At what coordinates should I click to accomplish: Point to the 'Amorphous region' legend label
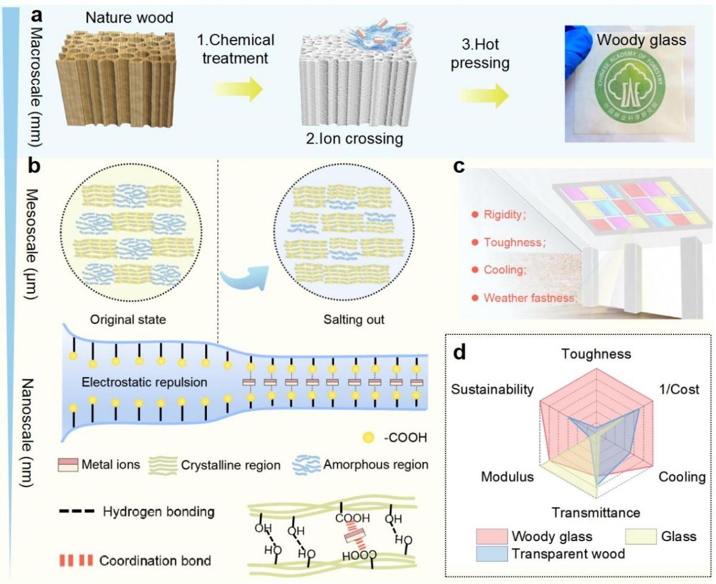[383, 464]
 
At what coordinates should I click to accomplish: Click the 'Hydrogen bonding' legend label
[159, 511]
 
